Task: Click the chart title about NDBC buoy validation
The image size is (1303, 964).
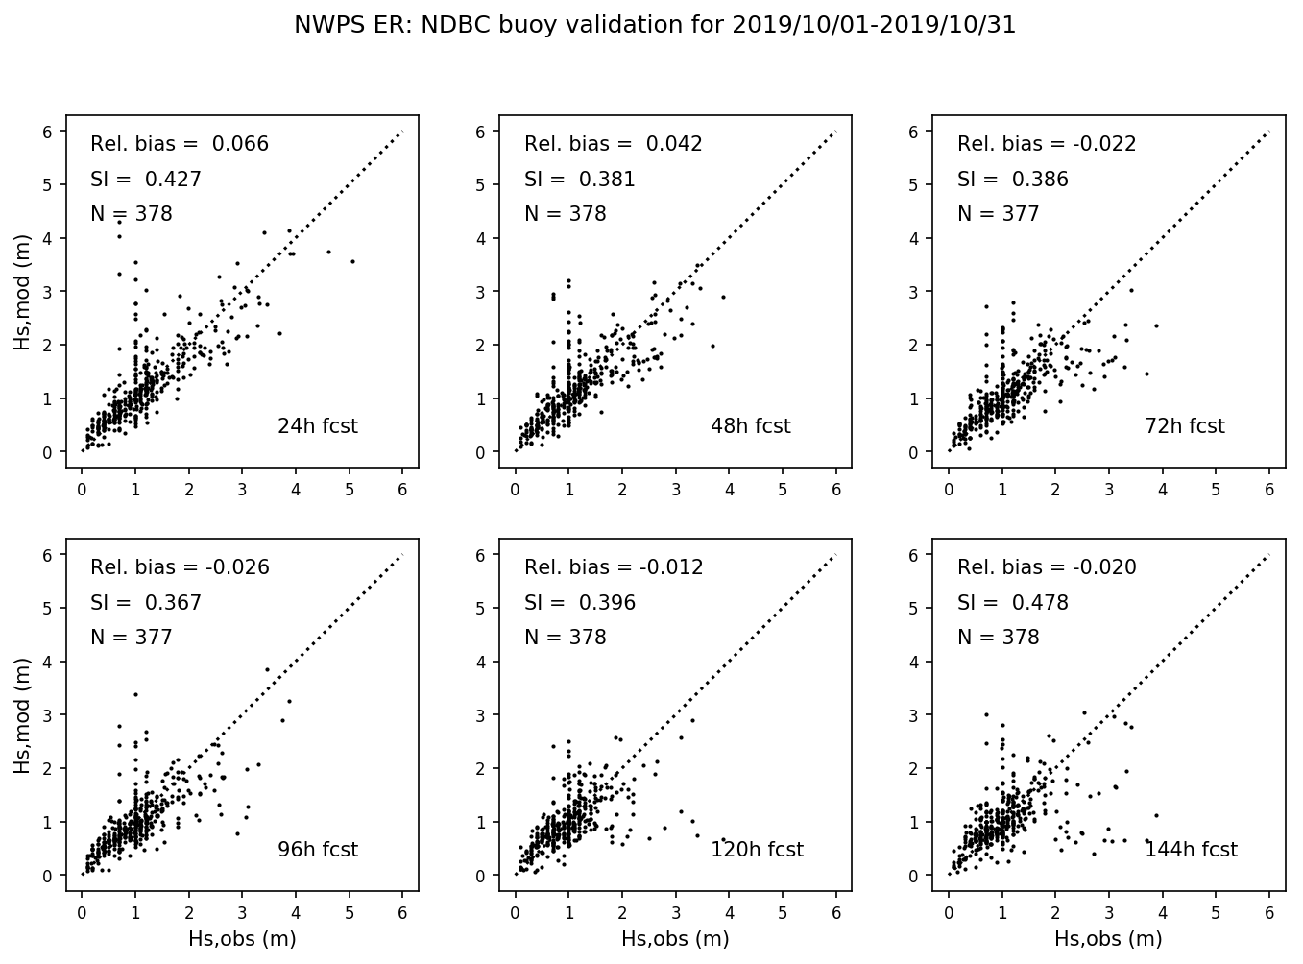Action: coord(654,26)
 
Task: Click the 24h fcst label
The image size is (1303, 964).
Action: coord(317,426)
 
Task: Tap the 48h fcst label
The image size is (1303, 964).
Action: coord(750,426)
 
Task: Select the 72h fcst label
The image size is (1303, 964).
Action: coord(1184,426)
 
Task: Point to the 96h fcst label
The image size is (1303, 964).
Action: coord(317,850)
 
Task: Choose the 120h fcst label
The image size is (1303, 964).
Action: coord(757,850)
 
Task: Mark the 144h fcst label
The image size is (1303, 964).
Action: coord(1191,850)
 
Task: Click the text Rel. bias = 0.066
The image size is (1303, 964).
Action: coord(180,144)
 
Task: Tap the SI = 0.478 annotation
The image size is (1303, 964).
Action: coord(1012,603)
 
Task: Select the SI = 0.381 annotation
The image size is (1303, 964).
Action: coord(579,180)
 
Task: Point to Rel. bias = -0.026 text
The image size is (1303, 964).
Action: coord(180,567)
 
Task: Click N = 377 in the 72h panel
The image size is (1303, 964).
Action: coord(998,214)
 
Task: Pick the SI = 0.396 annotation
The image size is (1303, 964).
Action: coord(579,603)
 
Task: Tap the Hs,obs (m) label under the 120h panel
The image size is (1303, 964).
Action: coord(675,939)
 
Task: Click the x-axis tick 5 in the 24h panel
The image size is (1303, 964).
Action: coord(349,490)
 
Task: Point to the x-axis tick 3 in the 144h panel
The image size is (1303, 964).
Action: coord(1109,913)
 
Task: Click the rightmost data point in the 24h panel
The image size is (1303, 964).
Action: coord(352,261)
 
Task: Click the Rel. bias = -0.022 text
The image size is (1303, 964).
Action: coord(1047,144)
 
